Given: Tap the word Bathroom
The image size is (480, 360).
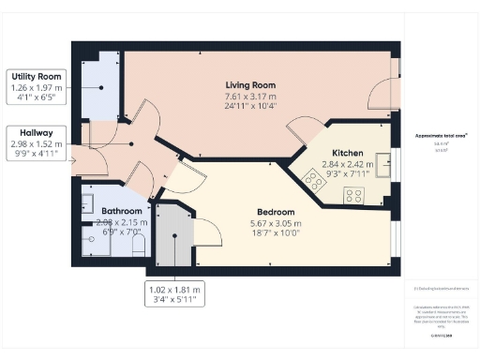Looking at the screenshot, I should coord(122,212).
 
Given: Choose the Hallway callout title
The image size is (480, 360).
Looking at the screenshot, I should coord(34,133).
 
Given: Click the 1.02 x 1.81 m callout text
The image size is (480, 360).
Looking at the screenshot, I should coord(175,291).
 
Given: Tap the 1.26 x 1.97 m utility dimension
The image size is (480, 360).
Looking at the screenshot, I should coord(35,86).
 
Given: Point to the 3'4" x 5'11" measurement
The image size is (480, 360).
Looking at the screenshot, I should coord(175,301).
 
